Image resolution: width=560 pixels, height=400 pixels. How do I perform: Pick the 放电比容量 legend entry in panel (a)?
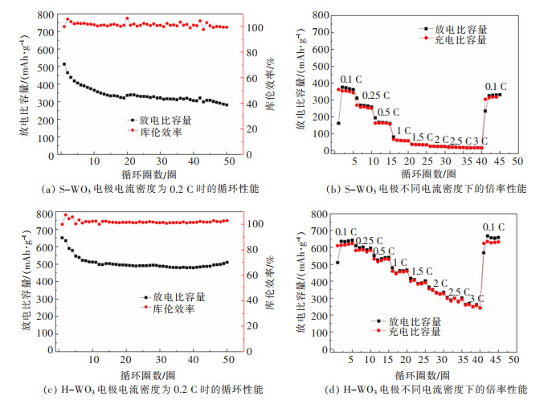click(165, 120)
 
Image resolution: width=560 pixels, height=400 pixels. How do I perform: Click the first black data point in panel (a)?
click(63, 64)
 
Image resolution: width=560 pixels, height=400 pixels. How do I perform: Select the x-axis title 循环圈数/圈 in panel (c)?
click(144, 374)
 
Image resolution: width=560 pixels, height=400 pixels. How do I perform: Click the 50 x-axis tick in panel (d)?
click(517, 359)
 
